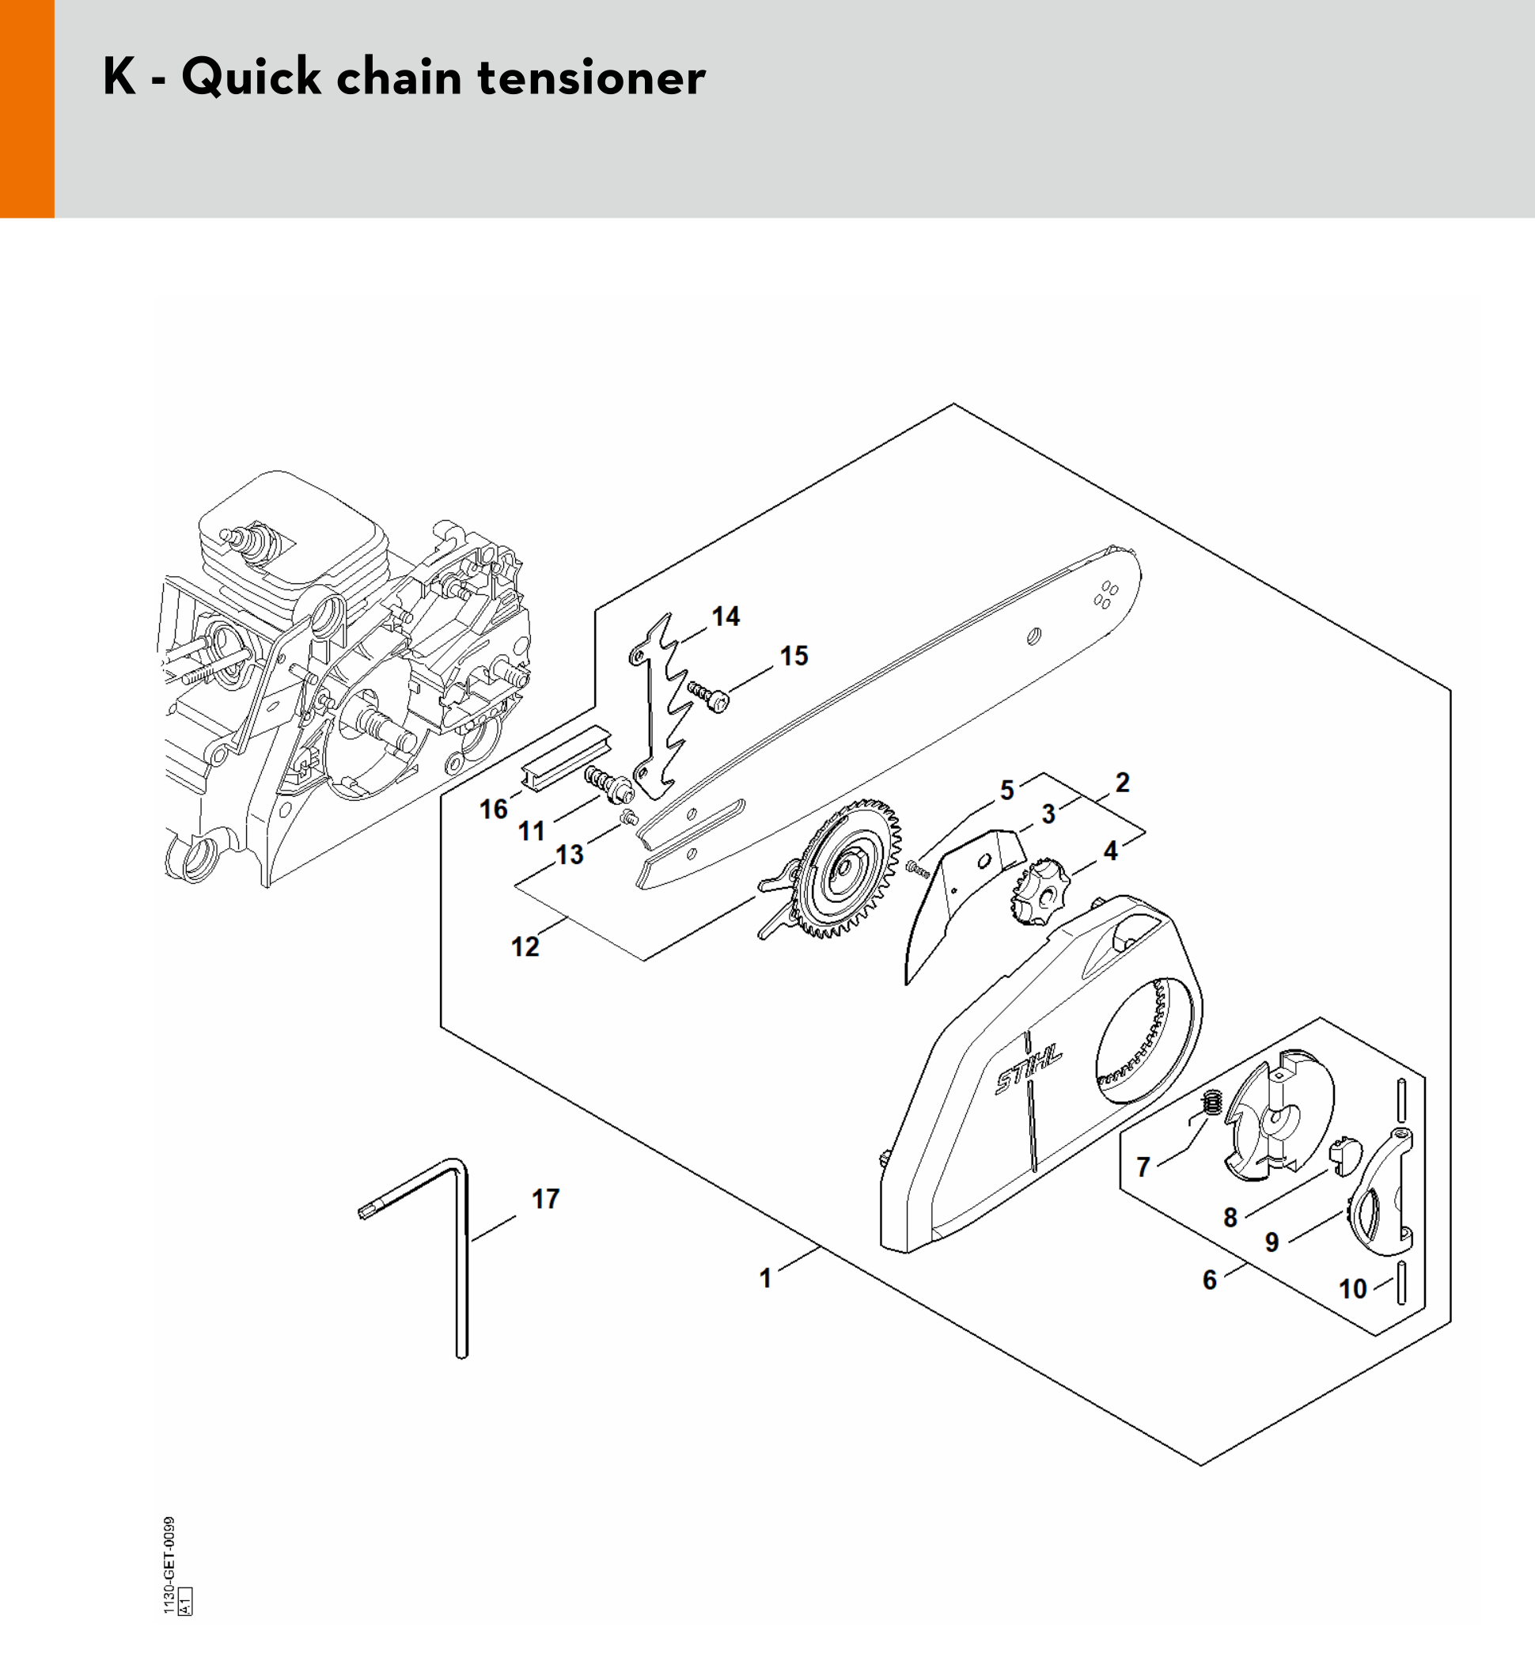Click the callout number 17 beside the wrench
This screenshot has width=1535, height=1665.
coord(546,1198)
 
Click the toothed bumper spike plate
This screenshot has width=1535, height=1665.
coord(656,706)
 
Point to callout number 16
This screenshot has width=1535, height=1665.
coord(494,809)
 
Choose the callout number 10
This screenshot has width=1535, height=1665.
coord(1352,1288)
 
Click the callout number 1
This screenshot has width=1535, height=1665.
coord(765,1278)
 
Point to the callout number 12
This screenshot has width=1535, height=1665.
coord(525,946)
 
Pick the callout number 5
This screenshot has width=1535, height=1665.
coord(1006,790)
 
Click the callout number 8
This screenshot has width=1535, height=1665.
coord(1230,1218)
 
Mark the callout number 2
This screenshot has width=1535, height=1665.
coord(1122,783)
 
